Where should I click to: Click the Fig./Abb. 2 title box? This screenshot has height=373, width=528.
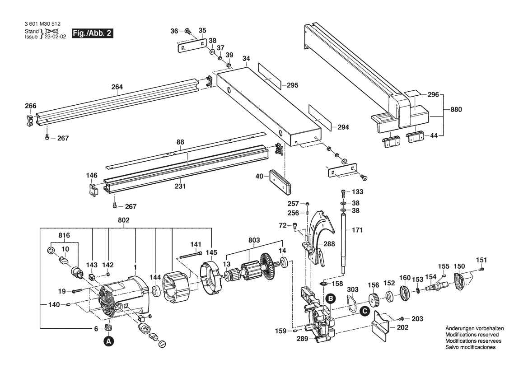(92, 34)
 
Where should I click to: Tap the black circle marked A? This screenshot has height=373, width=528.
(108, 341)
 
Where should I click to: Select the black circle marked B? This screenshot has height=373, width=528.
(331, 298)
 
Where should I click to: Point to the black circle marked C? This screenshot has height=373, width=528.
(364, 312)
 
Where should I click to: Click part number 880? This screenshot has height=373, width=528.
(456, 109)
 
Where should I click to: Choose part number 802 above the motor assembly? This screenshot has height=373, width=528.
(124, 220)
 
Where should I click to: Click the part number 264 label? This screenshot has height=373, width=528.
(117, 87)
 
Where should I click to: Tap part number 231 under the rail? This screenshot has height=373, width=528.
(180, 186)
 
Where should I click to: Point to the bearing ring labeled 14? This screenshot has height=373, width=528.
(283, 262)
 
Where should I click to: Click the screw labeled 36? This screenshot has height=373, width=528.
(187, 31)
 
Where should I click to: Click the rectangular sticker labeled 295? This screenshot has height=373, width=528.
(269, 76)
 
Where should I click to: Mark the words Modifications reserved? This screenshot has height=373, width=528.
(472, 335)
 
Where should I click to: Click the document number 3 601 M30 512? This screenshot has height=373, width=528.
(42, 24)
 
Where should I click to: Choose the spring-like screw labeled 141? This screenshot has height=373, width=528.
(191, 255)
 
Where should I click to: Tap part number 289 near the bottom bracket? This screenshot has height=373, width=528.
(302, 339)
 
